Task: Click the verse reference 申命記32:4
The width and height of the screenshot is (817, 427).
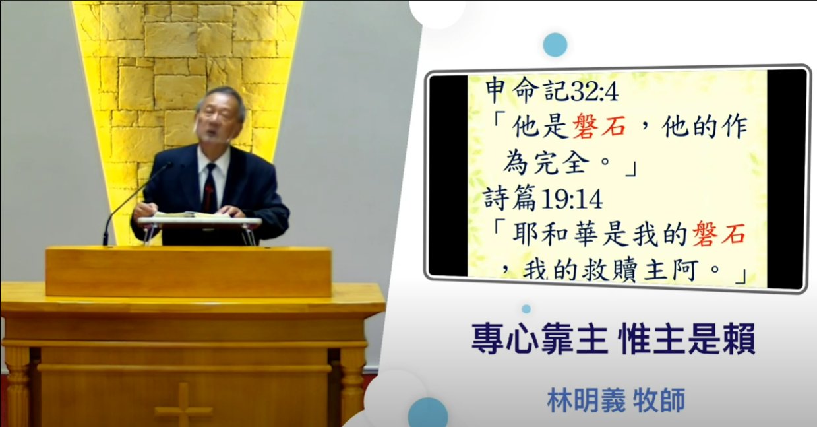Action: point(552,90)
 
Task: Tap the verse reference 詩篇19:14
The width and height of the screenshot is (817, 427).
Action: point(543,198)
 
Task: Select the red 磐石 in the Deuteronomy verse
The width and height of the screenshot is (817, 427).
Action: point(599,127)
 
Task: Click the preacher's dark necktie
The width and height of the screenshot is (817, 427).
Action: point(210,187)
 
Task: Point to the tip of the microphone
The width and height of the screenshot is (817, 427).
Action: point(169,164)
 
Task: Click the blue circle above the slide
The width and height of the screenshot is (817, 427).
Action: point(555,45)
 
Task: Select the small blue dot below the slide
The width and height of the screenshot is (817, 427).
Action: point(526,309)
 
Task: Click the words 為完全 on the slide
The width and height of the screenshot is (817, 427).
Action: point(547,162)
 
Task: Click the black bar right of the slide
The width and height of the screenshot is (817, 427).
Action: point(786,179)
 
